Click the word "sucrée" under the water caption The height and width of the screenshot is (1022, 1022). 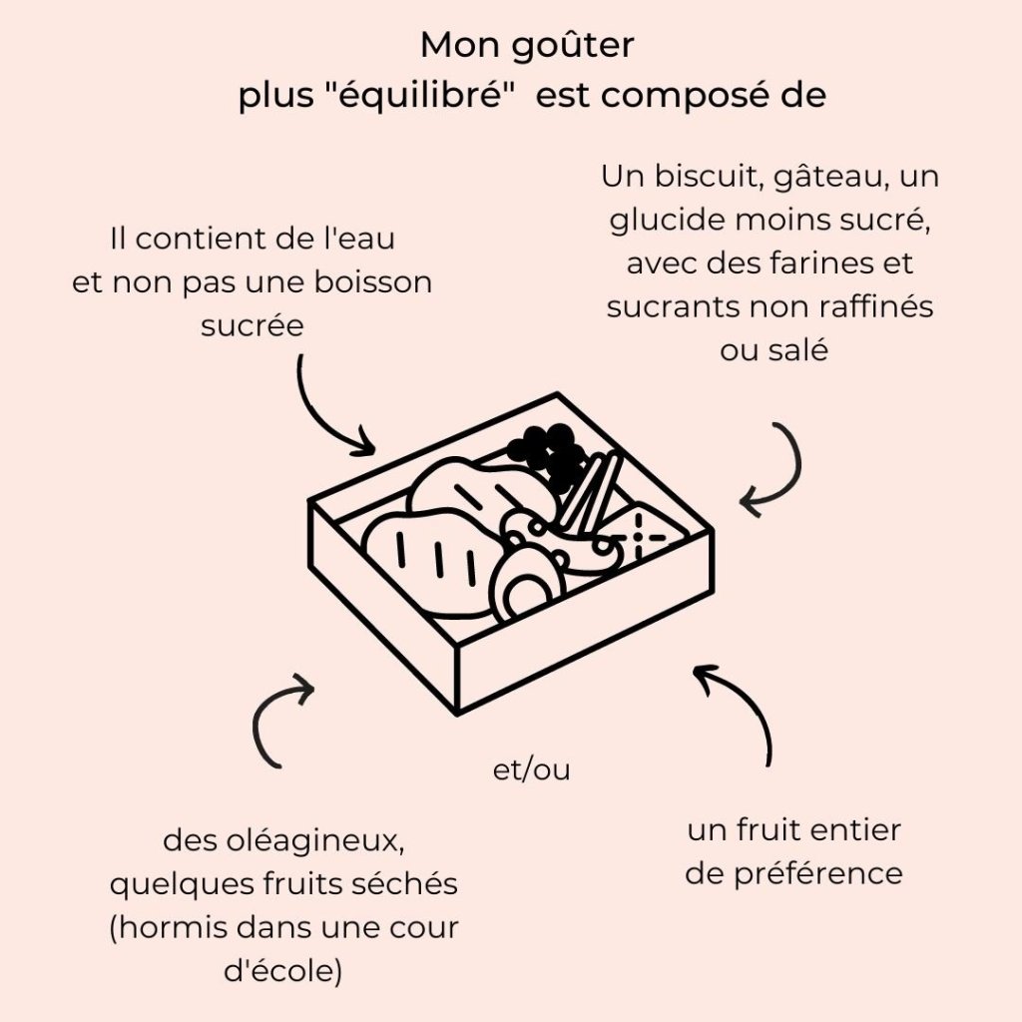(x=252, y=326)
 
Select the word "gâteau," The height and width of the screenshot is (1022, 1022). (x=830, y=178)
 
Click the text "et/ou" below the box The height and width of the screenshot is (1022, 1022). (x=531, y=771)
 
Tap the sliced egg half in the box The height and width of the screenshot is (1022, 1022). (x=524, y=590)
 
